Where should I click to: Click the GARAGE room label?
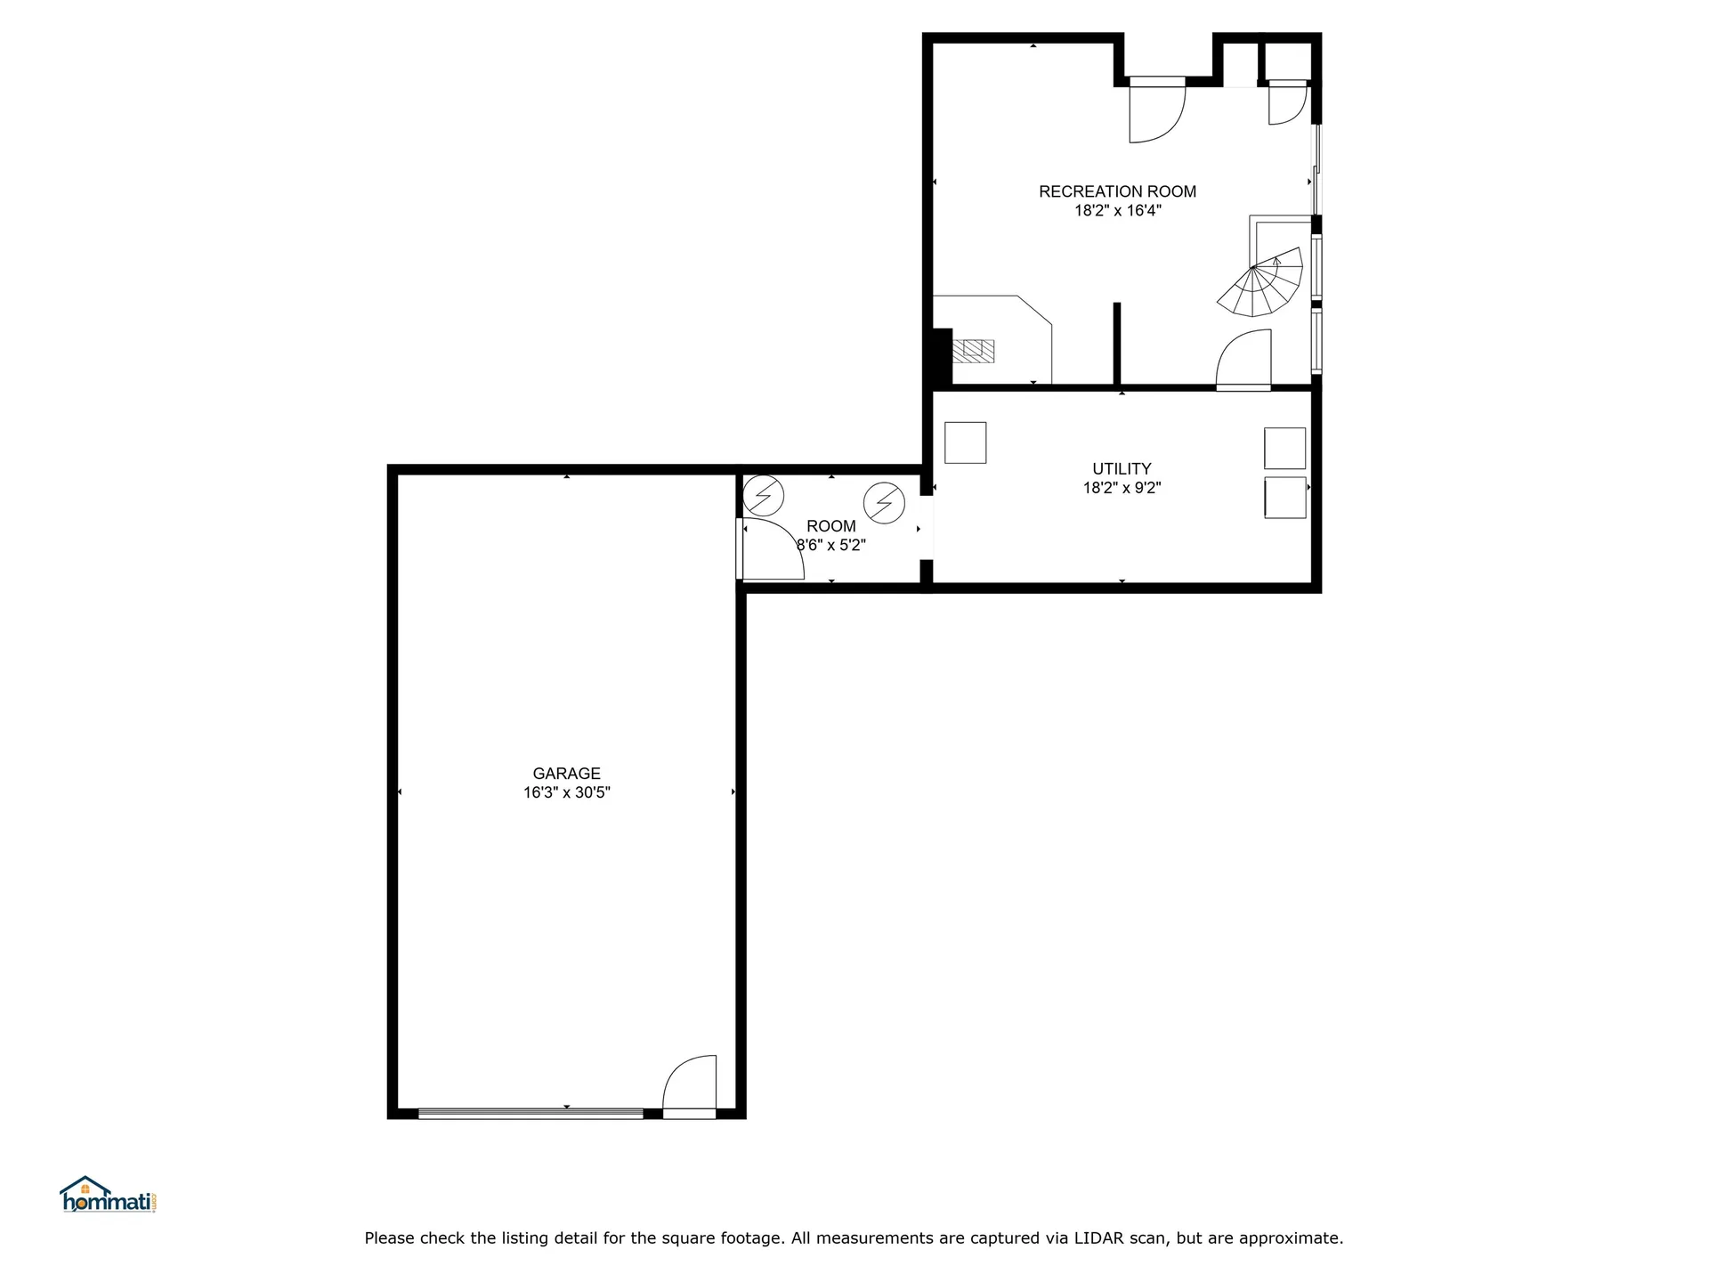(566, 774)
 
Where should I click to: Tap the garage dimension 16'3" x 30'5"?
(566, 792)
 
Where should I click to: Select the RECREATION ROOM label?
(1117, 191)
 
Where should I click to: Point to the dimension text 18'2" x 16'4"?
(1117, 211)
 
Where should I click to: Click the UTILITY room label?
(1122, 468)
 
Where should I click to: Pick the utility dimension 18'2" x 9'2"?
(1122, 488)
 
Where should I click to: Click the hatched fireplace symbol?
(974, 351)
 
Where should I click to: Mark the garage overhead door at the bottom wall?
(531, 1113)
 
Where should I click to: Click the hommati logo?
(109, 1195)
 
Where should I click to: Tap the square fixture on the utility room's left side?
(965, 442)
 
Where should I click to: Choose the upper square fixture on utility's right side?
(1284, 448)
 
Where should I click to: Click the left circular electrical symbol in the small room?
(764, 496)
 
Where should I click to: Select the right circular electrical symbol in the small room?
(884, 503)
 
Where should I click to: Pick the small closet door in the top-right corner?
(1286, 102)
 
